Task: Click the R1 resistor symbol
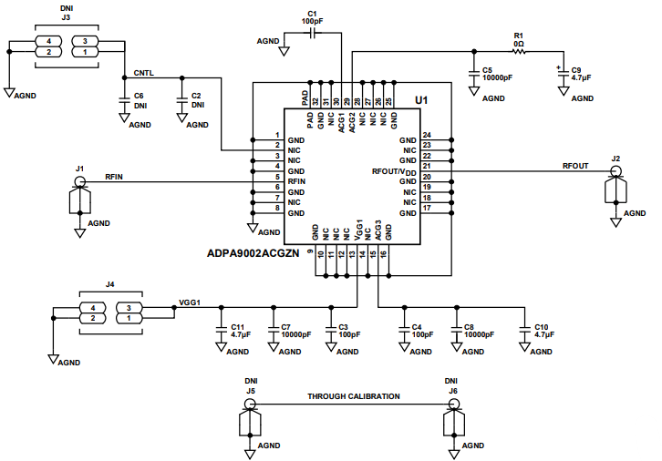tap(519, 51)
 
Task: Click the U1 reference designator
tap(420, 99)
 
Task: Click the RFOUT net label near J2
tap(575, 166)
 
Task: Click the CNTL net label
tap(143, 72)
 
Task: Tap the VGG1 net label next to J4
tap(190, 302)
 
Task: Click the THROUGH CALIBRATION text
tap(353, 396)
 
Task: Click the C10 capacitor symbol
tap(523, 333)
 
